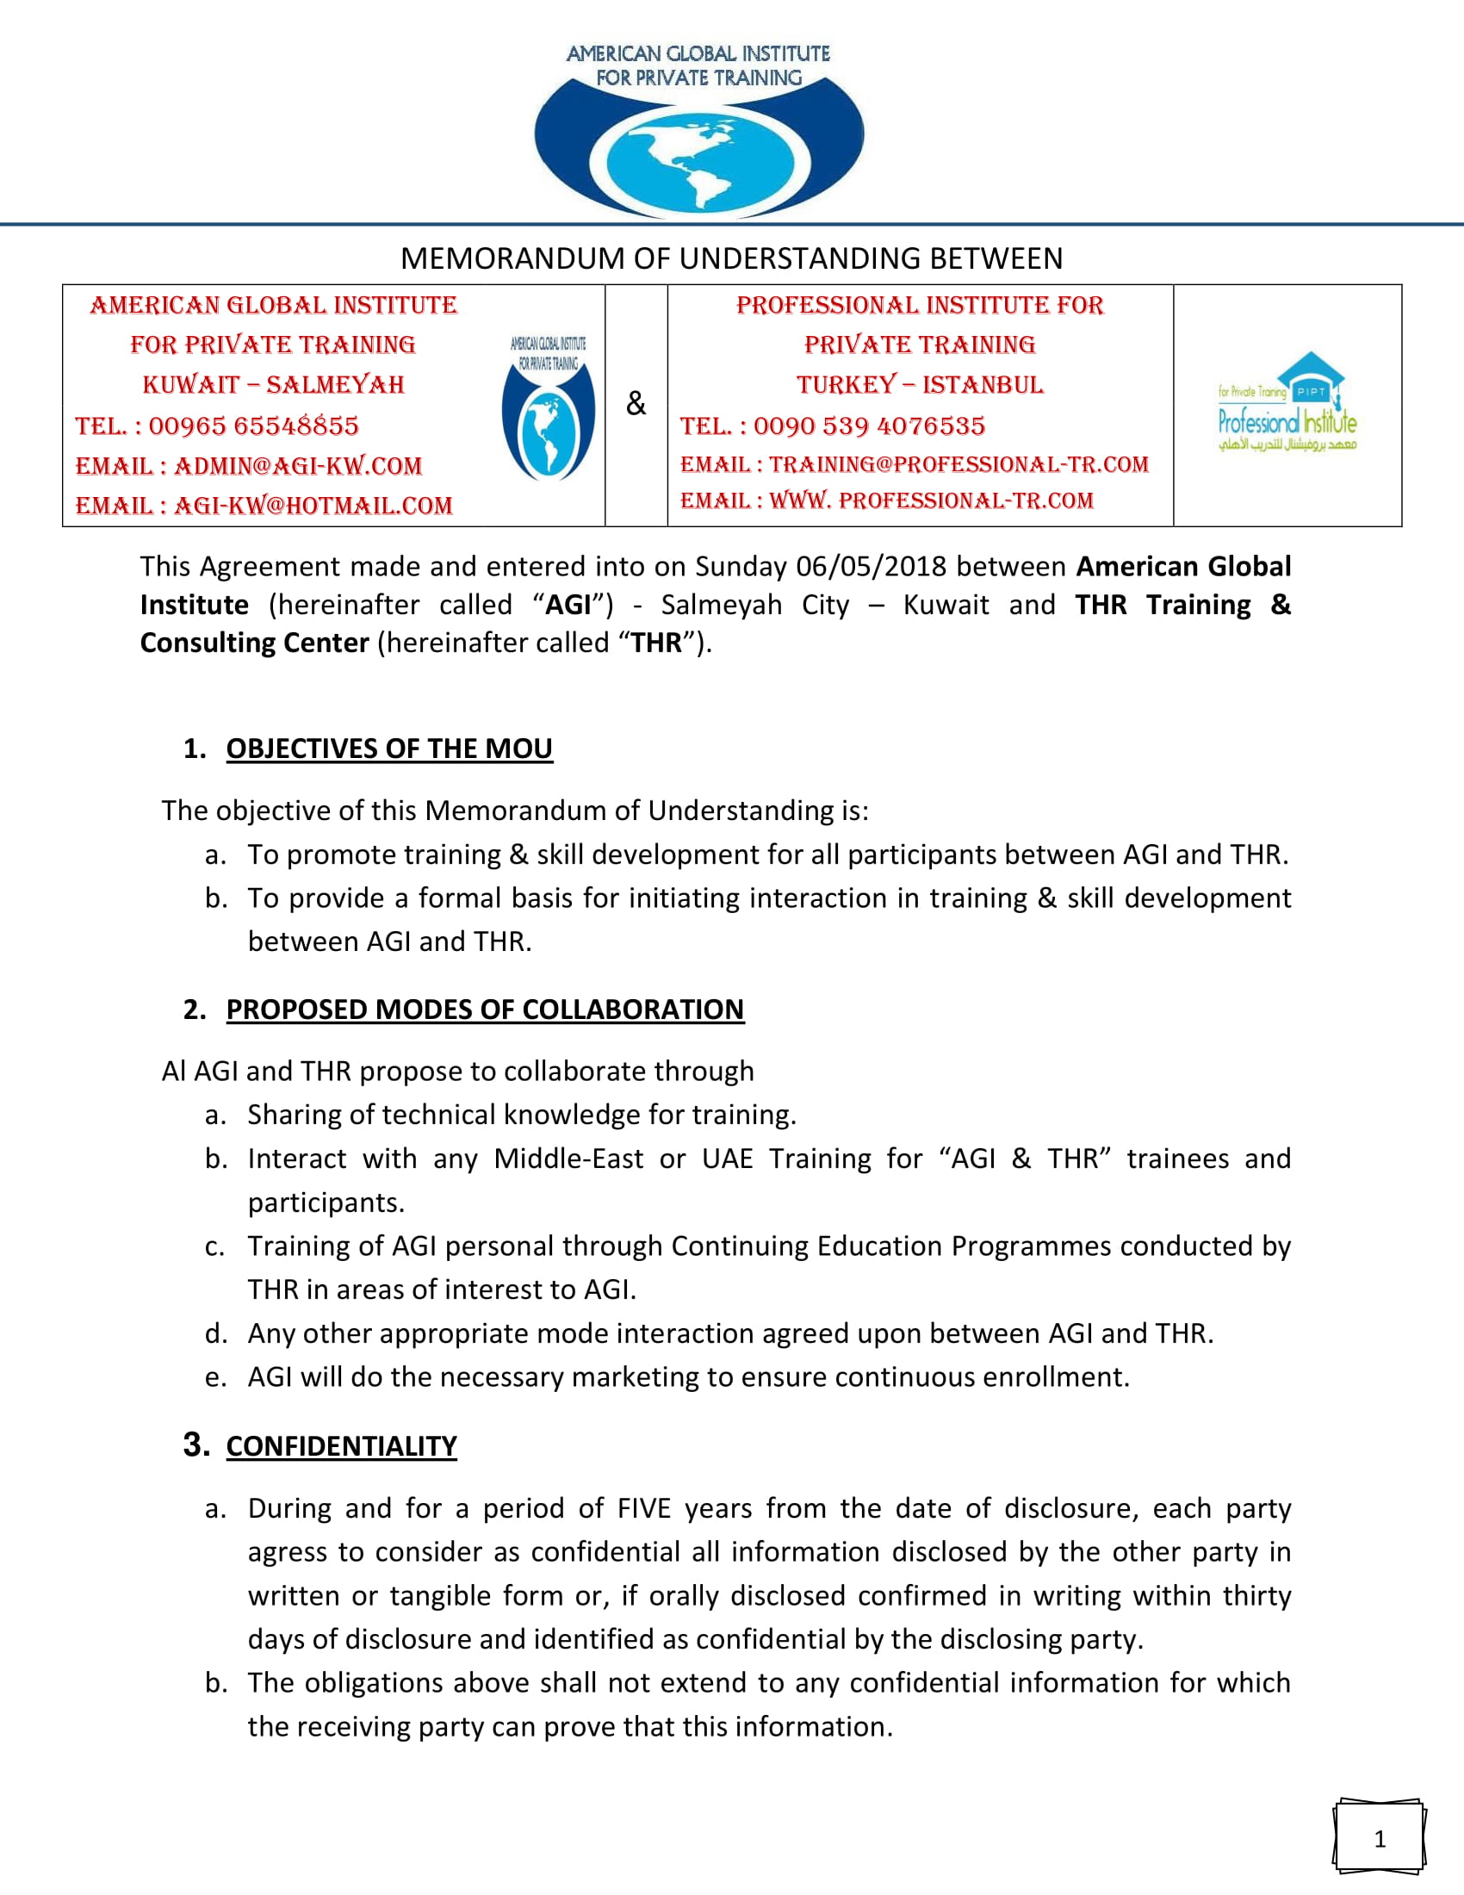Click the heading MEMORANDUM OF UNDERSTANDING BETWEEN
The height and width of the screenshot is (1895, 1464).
[x=731, y=258]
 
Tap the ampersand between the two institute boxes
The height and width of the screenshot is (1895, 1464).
[x=636, y=403]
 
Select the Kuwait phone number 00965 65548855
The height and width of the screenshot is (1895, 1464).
[x=253, y=426]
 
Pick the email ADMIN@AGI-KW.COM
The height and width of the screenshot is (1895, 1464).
[x=297, y=466]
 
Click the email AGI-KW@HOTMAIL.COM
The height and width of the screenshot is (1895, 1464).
[x=313, y=506]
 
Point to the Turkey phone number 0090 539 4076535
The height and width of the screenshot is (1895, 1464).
[x=869, y=426]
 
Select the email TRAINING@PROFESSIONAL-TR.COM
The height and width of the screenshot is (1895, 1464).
[x=958, y=465]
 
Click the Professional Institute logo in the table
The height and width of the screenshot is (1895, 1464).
[x=1287, y=404]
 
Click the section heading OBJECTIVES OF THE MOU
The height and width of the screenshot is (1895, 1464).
[x=389, y=749]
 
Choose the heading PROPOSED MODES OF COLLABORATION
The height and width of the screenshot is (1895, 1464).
[x=485, y=1010]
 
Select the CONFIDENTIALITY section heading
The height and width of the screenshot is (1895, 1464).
[x=341, y=1446]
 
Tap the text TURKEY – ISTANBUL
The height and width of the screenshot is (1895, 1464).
[x=920, y=384]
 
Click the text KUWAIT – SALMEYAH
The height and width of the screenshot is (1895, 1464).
[x=273, y=384]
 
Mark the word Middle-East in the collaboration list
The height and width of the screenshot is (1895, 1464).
[x=568, y=1159]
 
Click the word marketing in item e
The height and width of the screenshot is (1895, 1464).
[x=632, y=1378]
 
